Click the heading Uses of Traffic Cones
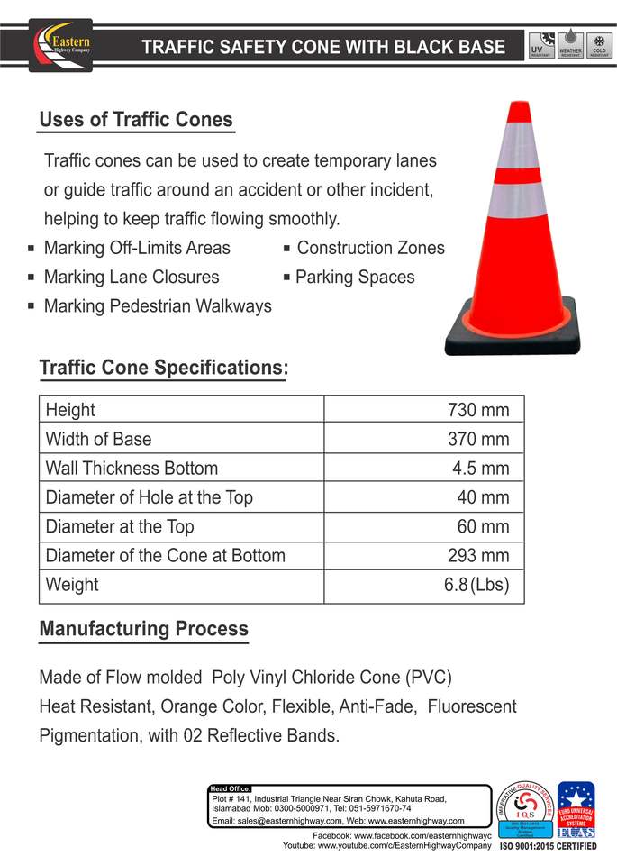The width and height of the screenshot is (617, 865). pyautogui.click(x=136, y=120)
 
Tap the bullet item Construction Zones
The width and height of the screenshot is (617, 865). pyautogui.click(x=370, y=248)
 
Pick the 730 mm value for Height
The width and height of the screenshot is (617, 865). pyautogui.click(x=478, y=411)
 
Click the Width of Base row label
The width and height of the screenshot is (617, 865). pyautogui.click(x=98, y=440)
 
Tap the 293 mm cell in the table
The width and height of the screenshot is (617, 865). pyautogui.click(x=478, y=555)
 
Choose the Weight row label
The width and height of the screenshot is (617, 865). pyautogui.click(x=72, y=584)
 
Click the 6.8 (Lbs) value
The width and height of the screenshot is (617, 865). pyautogui.click(x=476, y=584)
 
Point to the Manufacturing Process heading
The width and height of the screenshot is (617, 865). pyautogui.click(x=143, y=629)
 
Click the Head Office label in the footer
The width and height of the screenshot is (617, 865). pyautogui.click(x=230, y=788)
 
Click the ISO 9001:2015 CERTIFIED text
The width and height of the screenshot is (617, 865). pyautogui.click(x=547, y=847)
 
